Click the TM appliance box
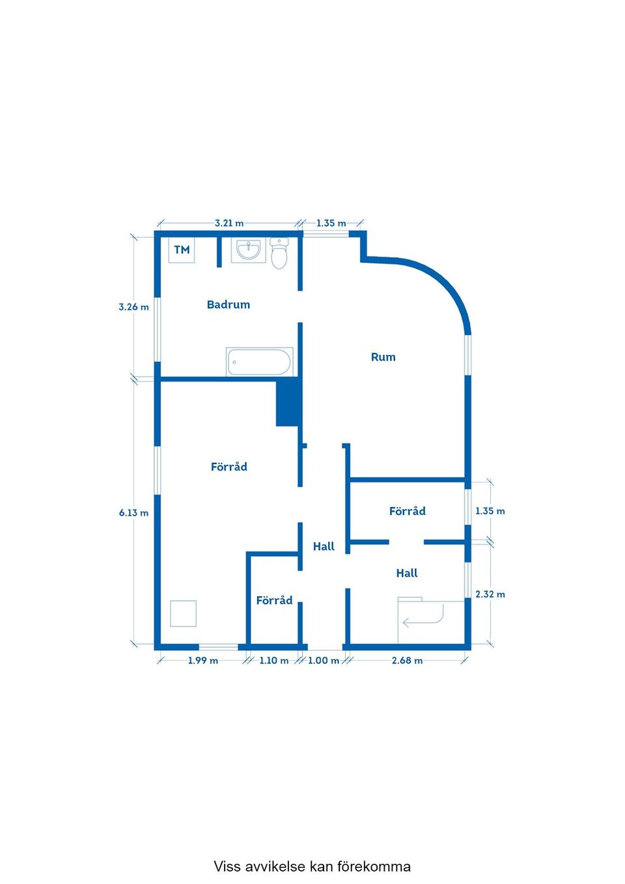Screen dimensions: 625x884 pyautogui.click(x=182, y=250)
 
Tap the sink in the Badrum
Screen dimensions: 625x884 pyautogui.click(x=249, y=250)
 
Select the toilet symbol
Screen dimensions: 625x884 pyautogui.click(x=279, y=253)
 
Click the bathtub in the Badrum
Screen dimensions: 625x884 pyautogui.click(x=259, y=361)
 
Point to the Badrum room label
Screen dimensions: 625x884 pyautogui.click(x=229, y=304)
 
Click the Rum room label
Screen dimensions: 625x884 pyautogui.click(x=383, y=357)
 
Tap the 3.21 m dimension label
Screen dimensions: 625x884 pyautogui.click(x=229, y=223)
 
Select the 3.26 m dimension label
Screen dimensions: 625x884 pyautogui.click(x=133, y=307)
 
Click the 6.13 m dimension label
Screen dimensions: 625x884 pyautogui.click(x=133, y=513)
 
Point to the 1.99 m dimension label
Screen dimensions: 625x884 pyautogui.click(x=203, y=661)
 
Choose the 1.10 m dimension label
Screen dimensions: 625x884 pyautogui.click(x=274, y=661)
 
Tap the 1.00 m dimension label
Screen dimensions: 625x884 pyautogui.click(x=324, y=661)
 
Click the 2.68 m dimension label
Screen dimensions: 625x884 pyautogui.click(x=407, y=661)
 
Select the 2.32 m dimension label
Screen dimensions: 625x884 pyautogui.click(x=490, y=594)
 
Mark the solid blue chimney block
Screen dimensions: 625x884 pyautogui.click(x=288, y=402)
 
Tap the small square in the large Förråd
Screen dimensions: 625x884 pyautogui.click(x=183, y=614)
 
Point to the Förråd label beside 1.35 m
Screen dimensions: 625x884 pyautogui.click(x=407, y=511)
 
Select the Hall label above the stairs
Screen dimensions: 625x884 pyautogui.click(x=407, y=573)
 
